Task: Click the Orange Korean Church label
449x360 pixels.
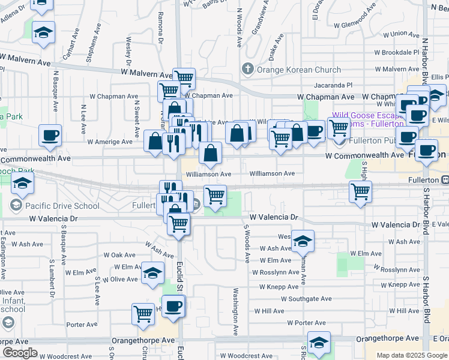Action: coord(291,69)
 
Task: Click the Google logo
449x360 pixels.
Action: coord(20,353)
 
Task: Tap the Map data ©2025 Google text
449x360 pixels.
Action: coord(411,355)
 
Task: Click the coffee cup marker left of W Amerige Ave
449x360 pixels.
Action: coord(50,135)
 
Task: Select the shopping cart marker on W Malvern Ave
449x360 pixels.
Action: coord(184,78)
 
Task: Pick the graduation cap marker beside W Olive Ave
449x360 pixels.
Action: coord(153,273)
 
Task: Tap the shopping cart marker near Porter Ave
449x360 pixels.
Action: coord(143,313)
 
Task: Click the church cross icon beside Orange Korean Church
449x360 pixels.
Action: coord(246,69)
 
